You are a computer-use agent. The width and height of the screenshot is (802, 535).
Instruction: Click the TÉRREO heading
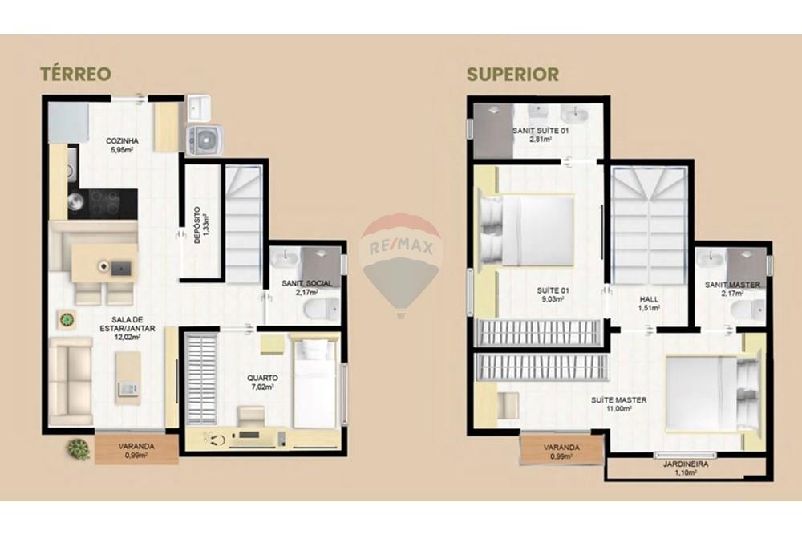(x=75, y=75)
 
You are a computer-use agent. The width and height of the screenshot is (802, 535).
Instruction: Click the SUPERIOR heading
(x=513, y=75)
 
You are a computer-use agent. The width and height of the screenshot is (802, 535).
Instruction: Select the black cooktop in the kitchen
(x=104, y=202)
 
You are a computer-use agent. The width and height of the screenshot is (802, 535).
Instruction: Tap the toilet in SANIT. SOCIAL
(x=325, y=310)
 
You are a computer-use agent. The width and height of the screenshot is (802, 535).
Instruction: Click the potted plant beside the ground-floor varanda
(x=79, y=448)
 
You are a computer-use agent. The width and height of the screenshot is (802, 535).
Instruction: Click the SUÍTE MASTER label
(x=619, y=400)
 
